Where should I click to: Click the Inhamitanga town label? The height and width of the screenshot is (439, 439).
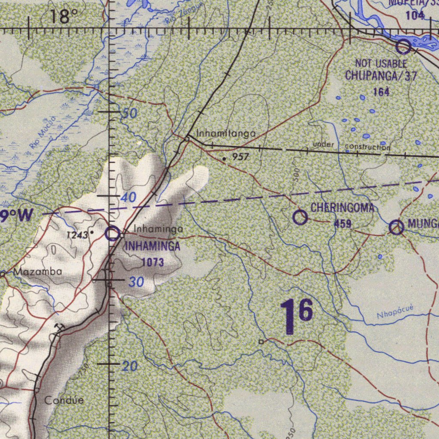(x=226, y=134)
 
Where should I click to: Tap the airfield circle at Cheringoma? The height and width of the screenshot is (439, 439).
(x=300, y=217)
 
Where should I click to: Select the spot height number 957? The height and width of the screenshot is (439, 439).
(x=241, y=157)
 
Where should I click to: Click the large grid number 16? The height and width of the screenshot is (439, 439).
(x=296, y=317)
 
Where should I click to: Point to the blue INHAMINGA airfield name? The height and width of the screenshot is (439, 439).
(x=152, y=247)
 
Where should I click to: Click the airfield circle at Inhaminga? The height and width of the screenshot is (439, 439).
(x=112, y=234)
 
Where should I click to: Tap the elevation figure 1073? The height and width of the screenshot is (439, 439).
(x=153, y=262)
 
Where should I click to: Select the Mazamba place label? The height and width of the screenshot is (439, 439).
(x=38, y=272)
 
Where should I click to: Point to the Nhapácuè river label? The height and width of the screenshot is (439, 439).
(x=395, y=312)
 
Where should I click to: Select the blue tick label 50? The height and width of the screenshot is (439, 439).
(x=129, y=114)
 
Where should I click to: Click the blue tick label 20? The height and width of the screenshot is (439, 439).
(x=129, y=366)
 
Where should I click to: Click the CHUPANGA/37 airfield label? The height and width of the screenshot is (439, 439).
(x=381, y=76)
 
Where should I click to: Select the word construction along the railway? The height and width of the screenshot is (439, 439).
(x=367, y=147)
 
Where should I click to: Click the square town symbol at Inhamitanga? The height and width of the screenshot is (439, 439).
(x=187, y=139)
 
